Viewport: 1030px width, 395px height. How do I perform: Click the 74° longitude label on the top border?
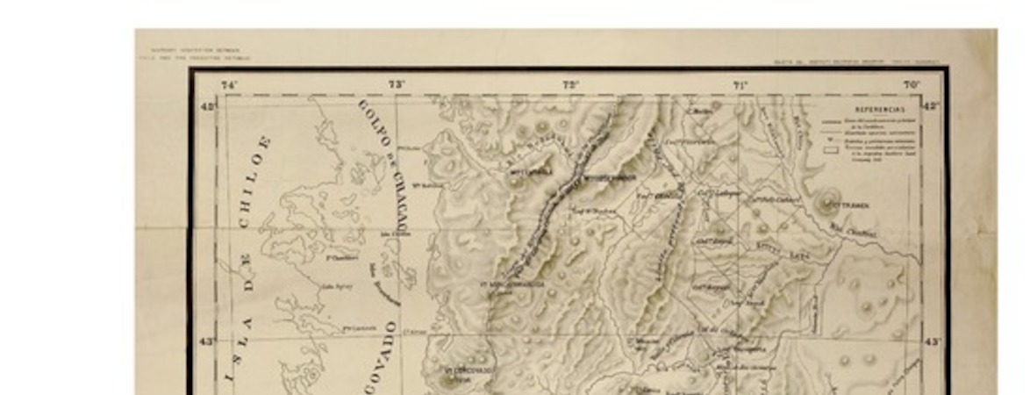pos(229,85)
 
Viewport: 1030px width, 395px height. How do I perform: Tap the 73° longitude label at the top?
pos(397,85)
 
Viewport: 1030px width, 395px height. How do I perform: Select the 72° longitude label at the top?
pos(571,85)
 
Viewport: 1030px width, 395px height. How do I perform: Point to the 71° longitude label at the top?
pos(740,85)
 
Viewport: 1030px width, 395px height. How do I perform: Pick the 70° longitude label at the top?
pos(912,85)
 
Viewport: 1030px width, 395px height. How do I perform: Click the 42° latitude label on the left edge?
pos(208,105)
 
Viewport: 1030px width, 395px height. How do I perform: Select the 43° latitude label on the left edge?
pos(208,341)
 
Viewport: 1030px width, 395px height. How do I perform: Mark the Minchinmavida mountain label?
pos(515,284)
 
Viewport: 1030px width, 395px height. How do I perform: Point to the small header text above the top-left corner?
pos(195,54)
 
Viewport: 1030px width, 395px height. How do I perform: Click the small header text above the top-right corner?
pos(832,62)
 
